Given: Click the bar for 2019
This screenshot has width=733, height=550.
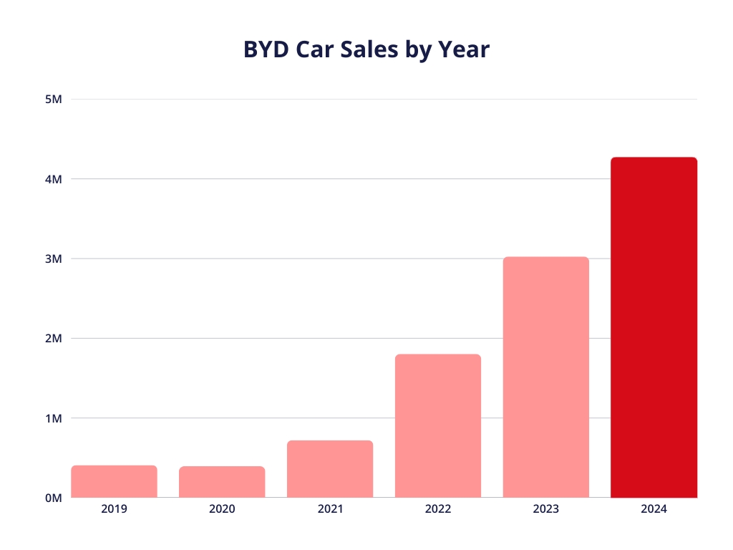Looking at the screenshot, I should pyautogui.click(x=114, y=481).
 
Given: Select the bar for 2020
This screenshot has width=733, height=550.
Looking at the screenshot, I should pyautogui.click(x=222, y=482).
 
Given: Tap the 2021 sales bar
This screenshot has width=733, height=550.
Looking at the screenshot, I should pyautogui.click(x=330, y=469).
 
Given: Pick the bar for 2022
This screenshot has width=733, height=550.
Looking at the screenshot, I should pyautogui.click(x=438, y=426).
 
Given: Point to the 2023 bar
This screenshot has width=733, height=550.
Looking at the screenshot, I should pyautogui.click(x=545, y=377).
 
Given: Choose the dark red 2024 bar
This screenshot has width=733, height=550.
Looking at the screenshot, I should pyautogui.click(x=654, y=327).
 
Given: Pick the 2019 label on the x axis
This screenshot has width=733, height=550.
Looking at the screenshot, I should pyautogui.click(x=114, y=509).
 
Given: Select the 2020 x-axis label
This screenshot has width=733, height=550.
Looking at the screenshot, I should pyautogui.click(x=222, y=509).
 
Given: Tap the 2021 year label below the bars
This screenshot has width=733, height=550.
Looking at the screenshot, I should pyautogui.click(x=330, y=509).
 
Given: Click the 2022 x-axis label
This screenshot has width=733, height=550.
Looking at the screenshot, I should pyautogui.click(x=438, y=509).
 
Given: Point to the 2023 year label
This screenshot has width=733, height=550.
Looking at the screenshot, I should pyautogui.click(x=545, y=509).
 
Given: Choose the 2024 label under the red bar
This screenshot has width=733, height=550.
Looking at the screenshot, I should pyautogui.click(x=654, y=509).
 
